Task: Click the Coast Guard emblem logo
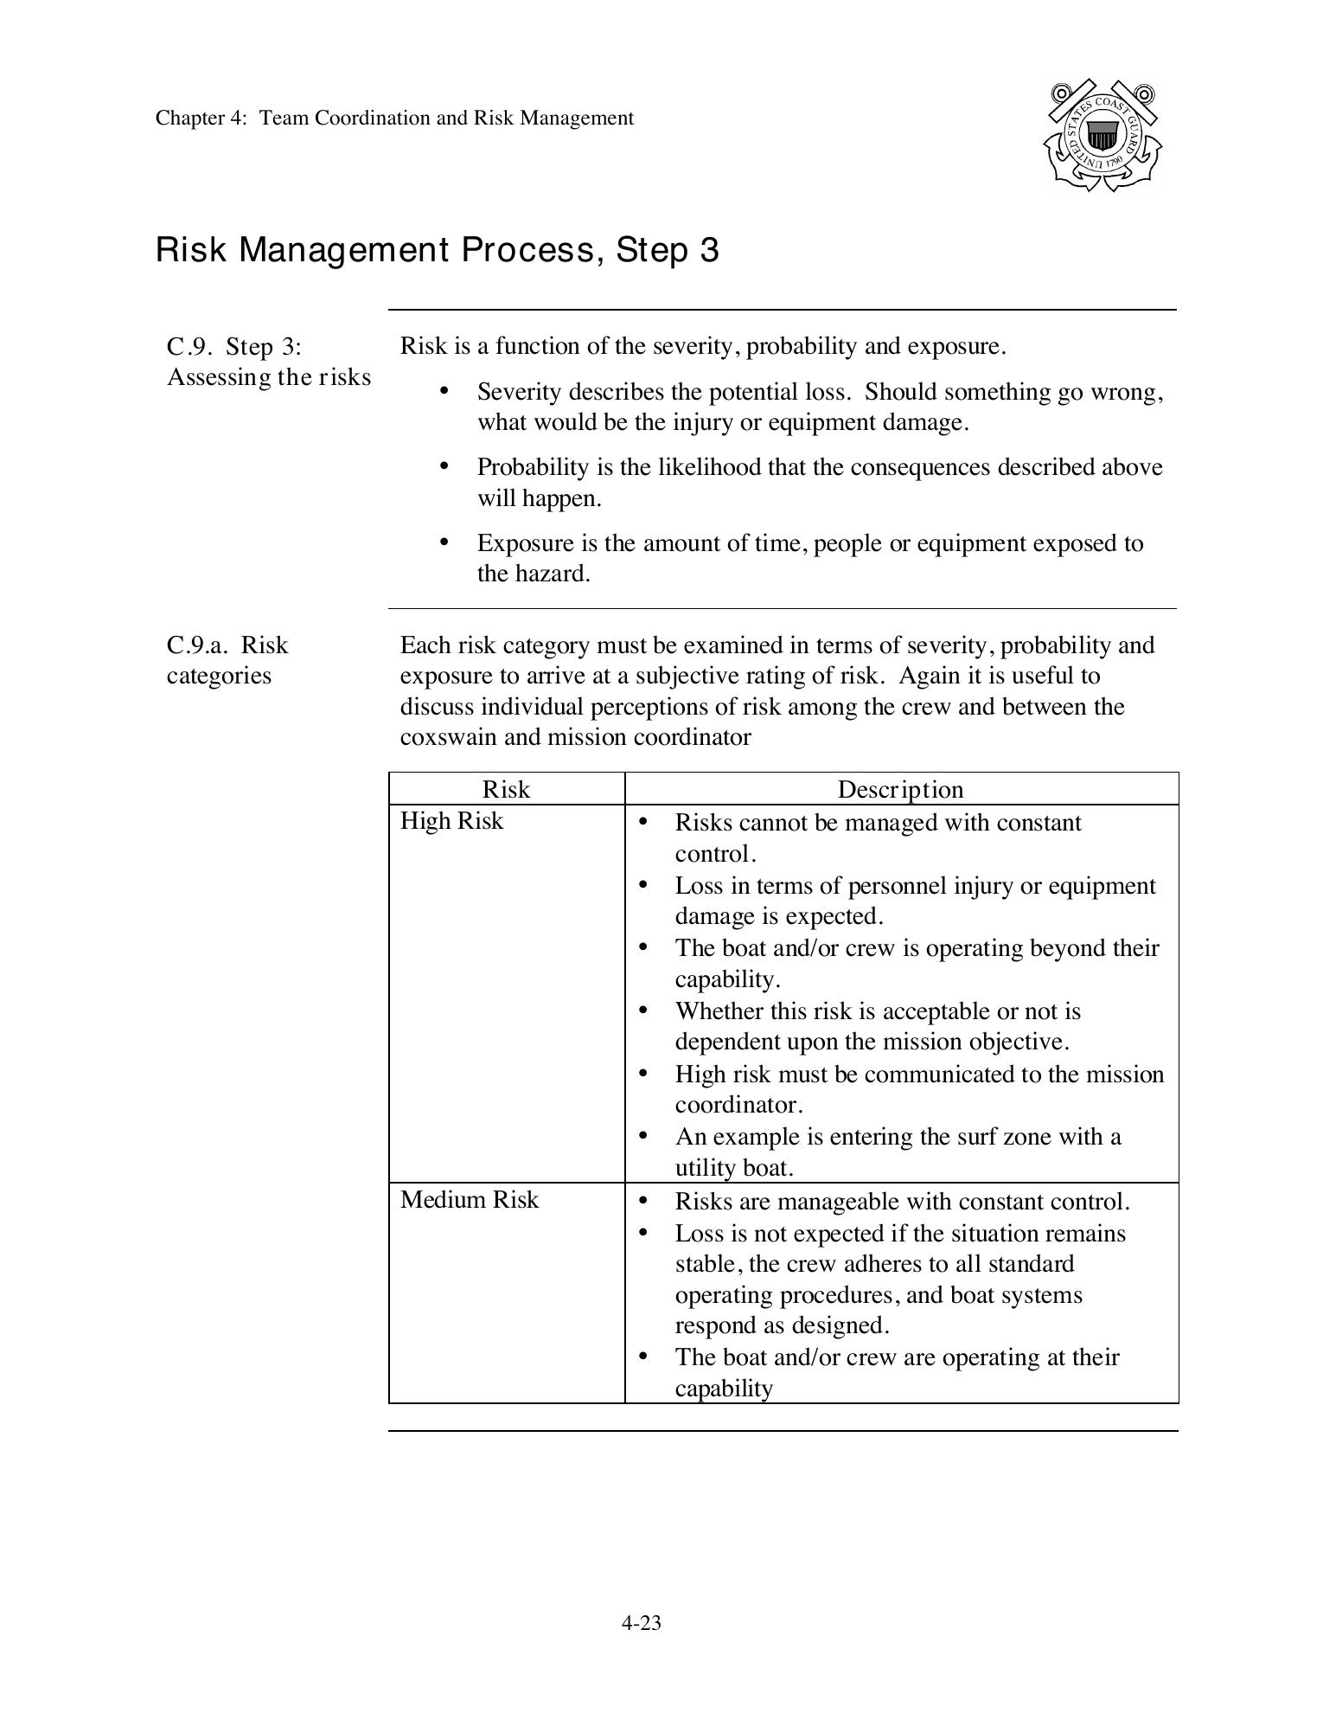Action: (1102, 136)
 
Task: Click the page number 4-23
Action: (641, 1623)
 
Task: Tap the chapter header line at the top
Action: (394, 119)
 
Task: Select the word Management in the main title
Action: (343, 251)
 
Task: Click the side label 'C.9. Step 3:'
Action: (234, 347)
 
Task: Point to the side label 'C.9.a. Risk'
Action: (227, 645)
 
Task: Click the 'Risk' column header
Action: (506, 789)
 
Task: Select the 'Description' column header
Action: (900, 789)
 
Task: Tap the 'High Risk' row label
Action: (451, 820)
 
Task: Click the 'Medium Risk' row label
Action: (470, 1199)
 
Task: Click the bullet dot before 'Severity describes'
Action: (444, 391)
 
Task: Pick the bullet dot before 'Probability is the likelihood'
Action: (444, 466)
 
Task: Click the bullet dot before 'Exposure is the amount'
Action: (444, 542)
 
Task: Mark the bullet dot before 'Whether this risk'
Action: (642, 1010)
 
